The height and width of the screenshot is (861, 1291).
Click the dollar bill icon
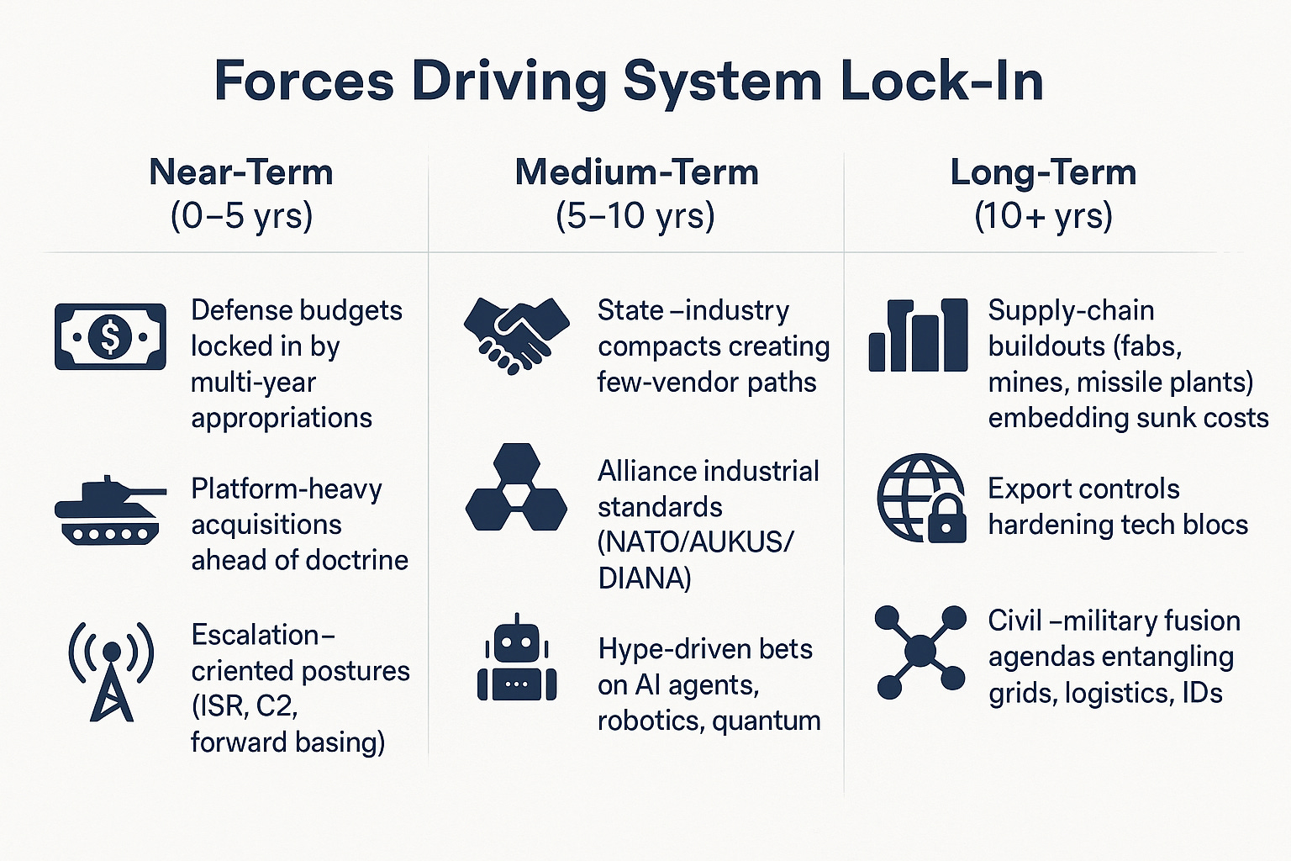point(110,337)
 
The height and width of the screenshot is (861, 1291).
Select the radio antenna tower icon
point(111,671)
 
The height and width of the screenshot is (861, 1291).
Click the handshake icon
point(516,335)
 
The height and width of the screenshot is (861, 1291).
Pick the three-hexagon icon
point(516,488)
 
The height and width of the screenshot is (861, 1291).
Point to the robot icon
point(516,658)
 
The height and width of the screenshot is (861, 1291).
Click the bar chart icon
point(918,335)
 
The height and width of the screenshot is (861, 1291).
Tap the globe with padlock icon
point(921,498)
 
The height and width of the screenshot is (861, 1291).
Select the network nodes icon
point(921,652)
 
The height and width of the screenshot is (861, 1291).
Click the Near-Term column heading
point(241,172)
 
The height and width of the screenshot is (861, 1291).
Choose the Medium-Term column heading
point(636,172)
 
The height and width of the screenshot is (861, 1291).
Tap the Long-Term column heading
point(1043,172)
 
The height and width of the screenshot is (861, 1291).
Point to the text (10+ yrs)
point(1043,215)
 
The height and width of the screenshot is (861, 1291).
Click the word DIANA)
point(644,578)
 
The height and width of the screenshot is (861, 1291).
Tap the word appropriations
point(282,418)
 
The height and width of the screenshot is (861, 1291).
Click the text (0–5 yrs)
point(241,215)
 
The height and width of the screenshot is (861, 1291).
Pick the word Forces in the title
point(304,82)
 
